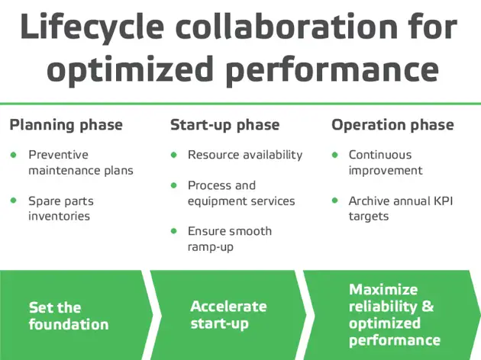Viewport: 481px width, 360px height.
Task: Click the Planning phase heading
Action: click(x=66, y=125)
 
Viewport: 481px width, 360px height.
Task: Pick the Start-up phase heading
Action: click(x=224, y=125)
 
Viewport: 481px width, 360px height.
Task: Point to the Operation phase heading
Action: click(x=392, y=125)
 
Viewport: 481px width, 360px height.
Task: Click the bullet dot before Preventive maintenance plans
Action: click(x=13, y=155)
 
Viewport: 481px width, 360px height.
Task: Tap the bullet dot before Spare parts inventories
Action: click(x=13, y=201)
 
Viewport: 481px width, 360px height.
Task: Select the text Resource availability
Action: click(x=245, y=155)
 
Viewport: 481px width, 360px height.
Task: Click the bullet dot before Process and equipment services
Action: click(x=173, y=185)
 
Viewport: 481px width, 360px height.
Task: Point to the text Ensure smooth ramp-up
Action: click(x=229, y=239)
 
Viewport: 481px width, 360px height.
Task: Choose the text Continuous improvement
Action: click(x=380, y=162)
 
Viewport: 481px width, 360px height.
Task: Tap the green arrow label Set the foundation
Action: click(x=68, y=316)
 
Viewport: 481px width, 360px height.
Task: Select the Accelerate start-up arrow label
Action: click(x=228, y=314)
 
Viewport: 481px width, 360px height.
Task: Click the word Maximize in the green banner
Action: click(x=383, y=290)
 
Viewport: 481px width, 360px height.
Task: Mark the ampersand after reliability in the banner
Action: click(x=428, y=307)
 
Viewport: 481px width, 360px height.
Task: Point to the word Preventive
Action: click(x=59, y=155)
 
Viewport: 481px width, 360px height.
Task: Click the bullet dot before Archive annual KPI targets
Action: click(x=334, y=201)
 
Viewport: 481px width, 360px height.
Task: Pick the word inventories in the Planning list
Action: click(x=59, y=216)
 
